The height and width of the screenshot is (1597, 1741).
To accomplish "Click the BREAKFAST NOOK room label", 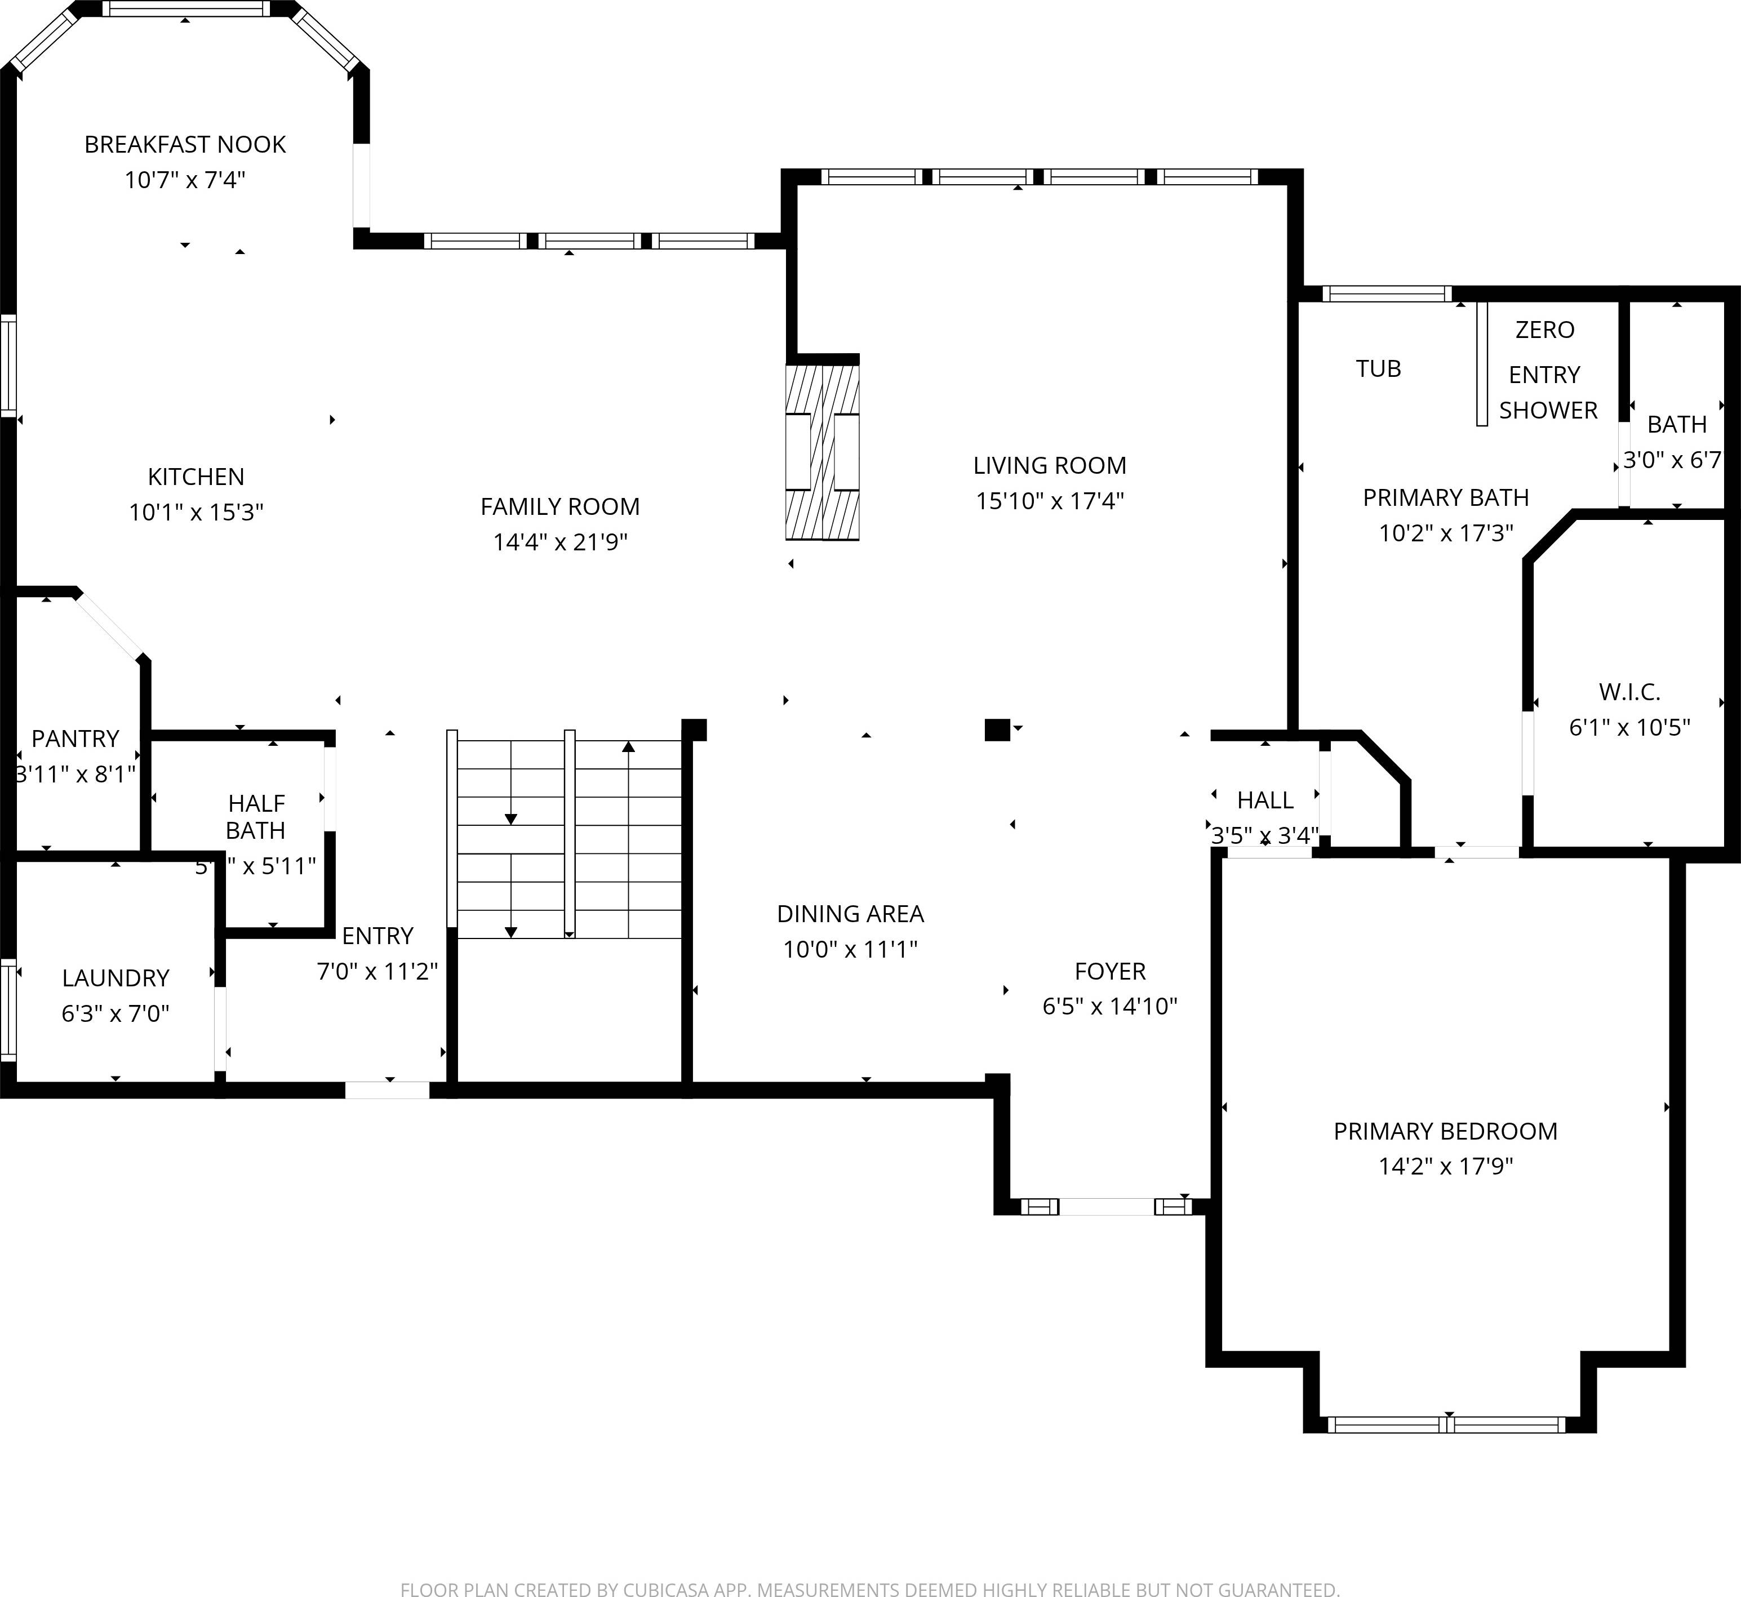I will (x=184, y=144).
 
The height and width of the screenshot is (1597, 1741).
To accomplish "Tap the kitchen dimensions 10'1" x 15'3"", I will (x=196, y=513).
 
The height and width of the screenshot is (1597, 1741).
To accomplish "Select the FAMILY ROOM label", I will (x=559, y=506).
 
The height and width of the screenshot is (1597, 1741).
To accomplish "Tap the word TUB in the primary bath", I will (x=1378, y=369).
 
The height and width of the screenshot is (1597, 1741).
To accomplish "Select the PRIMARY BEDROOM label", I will (x=1445, y=1131).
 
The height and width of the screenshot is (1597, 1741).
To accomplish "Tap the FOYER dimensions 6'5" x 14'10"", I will (x=1110, y=1006).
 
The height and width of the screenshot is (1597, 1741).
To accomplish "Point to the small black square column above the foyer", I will (x=997, y=730).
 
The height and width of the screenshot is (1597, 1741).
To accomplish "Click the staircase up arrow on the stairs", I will (x=628, y=748).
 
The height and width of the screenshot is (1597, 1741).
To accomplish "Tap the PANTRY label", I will (x=75, y=739).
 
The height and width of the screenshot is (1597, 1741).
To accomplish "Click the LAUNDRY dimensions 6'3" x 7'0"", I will (x=115, y=1013).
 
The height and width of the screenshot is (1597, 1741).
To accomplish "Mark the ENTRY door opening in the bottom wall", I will (x=387, y=1089).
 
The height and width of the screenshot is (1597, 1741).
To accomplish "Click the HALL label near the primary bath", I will (x=1265, y=800).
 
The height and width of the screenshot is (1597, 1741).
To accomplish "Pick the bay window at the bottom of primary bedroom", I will (x=1446, y=1425).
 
